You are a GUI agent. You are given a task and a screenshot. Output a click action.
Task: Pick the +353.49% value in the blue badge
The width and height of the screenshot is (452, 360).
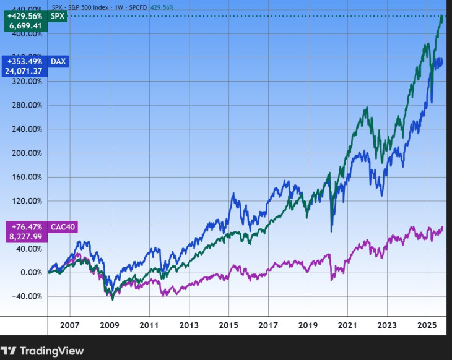(24, 61)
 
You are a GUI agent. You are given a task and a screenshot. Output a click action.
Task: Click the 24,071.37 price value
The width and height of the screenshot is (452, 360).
(24, 71)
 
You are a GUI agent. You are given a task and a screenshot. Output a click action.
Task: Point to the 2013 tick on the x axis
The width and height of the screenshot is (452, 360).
(189, 325)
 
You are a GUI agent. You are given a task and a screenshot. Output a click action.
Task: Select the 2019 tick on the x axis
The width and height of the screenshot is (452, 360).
(308, 325)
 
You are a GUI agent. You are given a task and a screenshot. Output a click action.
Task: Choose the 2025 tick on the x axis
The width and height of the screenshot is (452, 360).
(427, 325)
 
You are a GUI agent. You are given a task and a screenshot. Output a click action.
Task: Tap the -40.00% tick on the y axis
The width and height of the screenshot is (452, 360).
(28, 296)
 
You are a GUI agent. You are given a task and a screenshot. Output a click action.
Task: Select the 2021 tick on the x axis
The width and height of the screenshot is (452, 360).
(347, 325)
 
